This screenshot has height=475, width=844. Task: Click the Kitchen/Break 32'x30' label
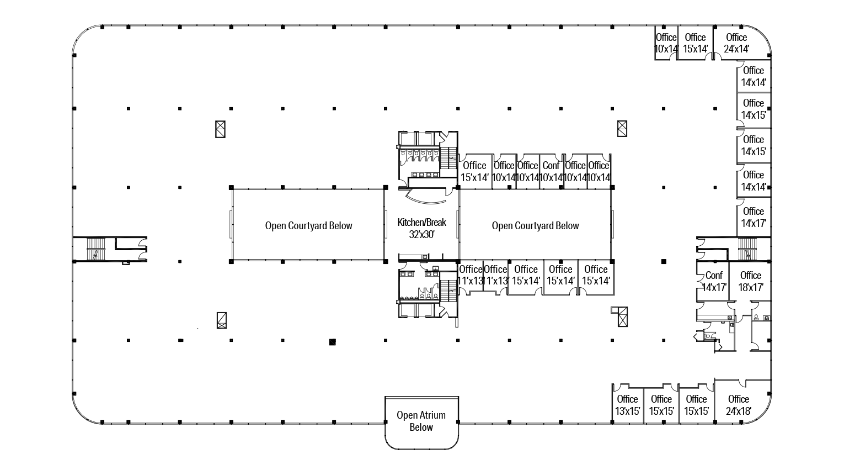point(421,228)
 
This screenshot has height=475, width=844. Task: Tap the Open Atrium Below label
point(421,421)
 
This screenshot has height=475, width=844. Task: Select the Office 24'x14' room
point(736,43)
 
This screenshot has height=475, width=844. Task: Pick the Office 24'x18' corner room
point(738,405)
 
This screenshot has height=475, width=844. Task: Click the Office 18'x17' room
point(750,281)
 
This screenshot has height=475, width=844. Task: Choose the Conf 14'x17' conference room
point(714,281)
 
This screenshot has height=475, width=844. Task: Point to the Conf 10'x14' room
point(551,171)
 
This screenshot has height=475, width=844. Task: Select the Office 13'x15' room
point(627,405)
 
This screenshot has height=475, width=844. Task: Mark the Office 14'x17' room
point(753,217)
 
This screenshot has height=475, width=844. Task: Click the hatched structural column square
point(332,342)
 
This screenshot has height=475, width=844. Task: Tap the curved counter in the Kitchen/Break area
point(425,194)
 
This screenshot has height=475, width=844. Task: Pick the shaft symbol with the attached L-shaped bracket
point(621,316)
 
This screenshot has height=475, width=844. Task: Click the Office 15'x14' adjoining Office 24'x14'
point(695,43)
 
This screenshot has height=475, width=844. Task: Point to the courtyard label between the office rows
point(535,225)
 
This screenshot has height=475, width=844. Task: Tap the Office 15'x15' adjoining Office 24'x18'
point(696,405)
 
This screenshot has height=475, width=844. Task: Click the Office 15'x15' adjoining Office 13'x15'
point(661,405)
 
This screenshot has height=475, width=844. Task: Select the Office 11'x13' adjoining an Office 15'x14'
point(495,275)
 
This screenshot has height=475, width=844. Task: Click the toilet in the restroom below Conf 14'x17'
point(707,335)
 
